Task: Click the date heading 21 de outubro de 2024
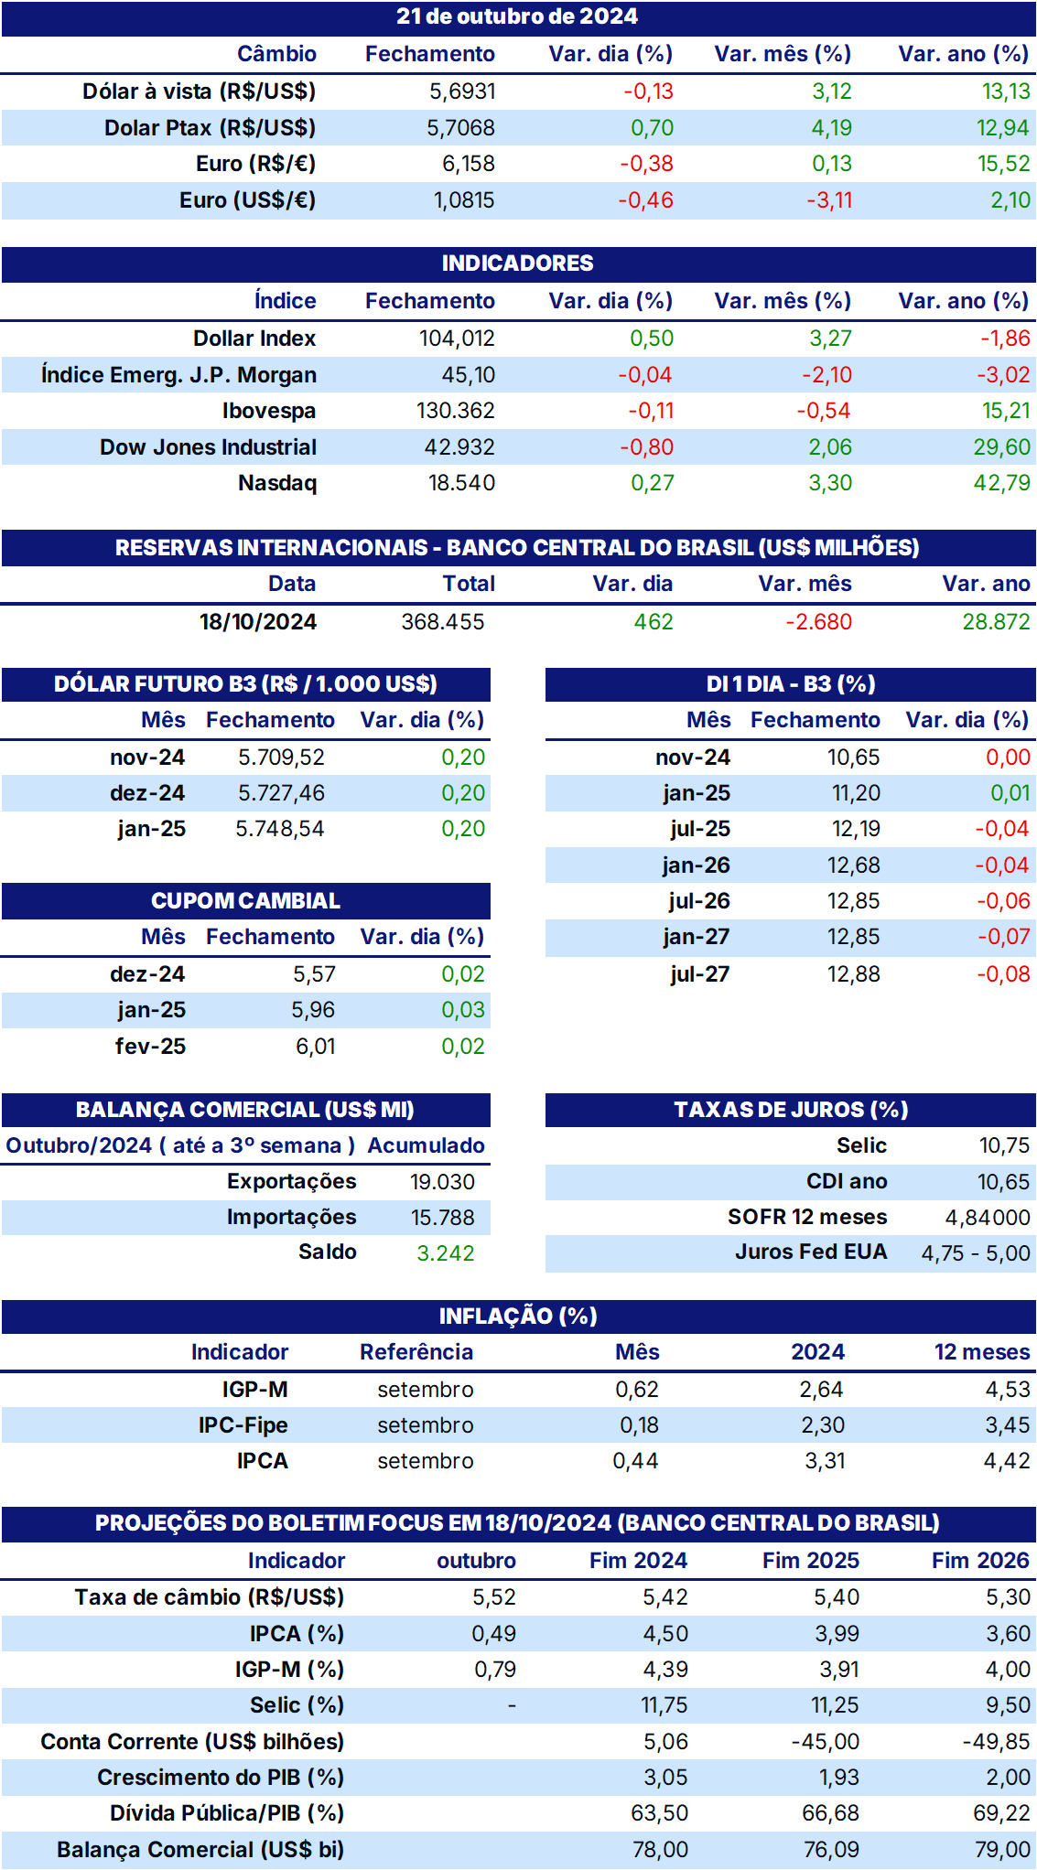pyautogui.click(x=517, y=16)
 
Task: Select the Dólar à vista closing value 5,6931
pyautogui.click(x=462, y=91)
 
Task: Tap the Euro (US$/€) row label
pyautogui.click(x=247, y=200)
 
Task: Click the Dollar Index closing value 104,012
pyautogui.click(x=457, y=339)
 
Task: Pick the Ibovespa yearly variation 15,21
pyautogui.click(x=1006, y=411)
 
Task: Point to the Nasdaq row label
pyautogui.click(x=277, y=483)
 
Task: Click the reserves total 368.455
pyautogui.click(x=443, y=622)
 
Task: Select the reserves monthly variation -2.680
pyautogui.click(x=818, y=622)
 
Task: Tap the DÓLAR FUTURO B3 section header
pyautogui.click(x=245, y=684)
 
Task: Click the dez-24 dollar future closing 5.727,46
pyautogui.click(x=281, y=793)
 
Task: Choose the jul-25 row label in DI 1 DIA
pyautogui.click(x=700, y=829)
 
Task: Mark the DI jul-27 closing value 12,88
pyautogui.click(x=854, y=974)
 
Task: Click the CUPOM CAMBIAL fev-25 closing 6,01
pyautogui.click(x=316, y=1047)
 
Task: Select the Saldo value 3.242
pyautogui.click(x=446, y=1253)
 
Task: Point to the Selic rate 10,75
pyautogui.click(x=1004, y=1145)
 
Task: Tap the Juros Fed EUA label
pyautogui.click(x=811, y=1252)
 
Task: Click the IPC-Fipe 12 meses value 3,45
pyautogui.click(x=1008, y=1425)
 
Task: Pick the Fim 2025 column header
pyautogui.click(x=811, y=1561)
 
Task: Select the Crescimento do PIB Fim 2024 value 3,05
pyautogui.click(x=665, y=1778)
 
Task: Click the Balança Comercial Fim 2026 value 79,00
pyautogui.click(x=1003, y=1850)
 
